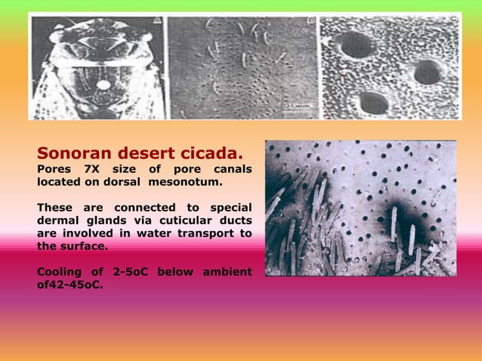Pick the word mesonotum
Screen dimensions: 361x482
point(185,181)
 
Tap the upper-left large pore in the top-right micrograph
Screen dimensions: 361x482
point(357,45)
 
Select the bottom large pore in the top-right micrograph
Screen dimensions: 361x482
point(373,101)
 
